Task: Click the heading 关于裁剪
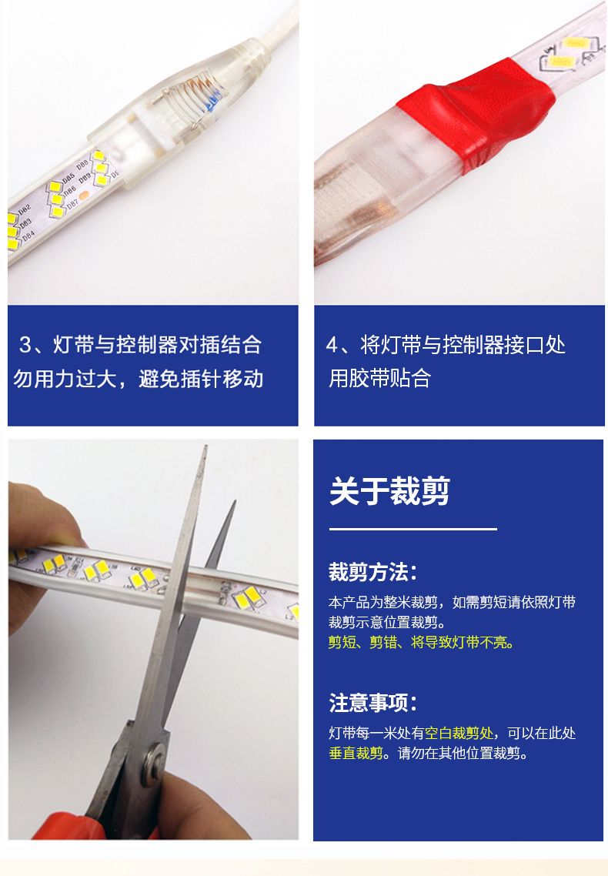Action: coord(389,491)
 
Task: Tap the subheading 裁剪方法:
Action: coord(372,572)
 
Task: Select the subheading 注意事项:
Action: coord(372,703)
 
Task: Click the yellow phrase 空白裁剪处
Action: coord(459,733)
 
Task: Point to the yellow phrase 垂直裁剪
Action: coord(356,753)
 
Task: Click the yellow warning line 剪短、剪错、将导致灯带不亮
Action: coord(420,643)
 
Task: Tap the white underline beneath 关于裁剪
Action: coord(413,529)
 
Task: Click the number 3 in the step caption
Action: coord(25,345)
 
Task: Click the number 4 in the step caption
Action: coord(332,345)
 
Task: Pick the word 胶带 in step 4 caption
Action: coord(369,378)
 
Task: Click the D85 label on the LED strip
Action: coord(68,179)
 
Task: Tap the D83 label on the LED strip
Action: coord(25,224)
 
